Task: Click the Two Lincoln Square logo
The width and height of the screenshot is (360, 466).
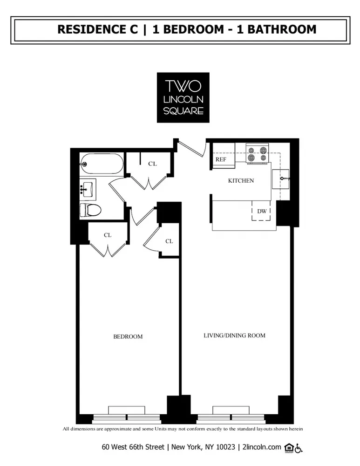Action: pyautogui.click(x=183, y=97)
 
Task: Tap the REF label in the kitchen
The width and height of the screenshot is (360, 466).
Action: pyautogui.click(x=220, y=159)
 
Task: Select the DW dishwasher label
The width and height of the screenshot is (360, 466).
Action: pyautogui.click(x=262, y=211)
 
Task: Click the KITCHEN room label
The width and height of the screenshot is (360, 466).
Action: pyautogui.click(x=241, y=180)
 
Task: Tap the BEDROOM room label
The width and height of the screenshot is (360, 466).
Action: pyautogui.click(x=128, y=336)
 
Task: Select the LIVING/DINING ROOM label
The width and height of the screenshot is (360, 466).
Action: pyautogui.click(x=234, y=335)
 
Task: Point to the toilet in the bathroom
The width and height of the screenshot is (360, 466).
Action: pyautogui.click(x=90, y=210)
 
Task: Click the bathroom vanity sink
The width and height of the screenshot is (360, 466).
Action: pyautogui.click(x=87, y=189)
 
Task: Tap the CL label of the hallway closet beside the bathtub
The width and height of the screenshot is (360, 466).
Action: pyautogui.click(x=152, y=164)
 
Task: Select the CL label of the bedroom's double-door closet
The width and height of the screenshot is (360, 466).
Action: pyautogui.click(x=108, y=235)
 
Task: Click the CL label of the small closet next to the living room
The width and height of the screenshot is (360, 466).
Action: pyautogui.click(x=169, y=241)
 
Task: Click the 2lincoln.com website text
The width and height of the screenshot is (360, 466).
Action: pyautogui.click(x=262, y=447)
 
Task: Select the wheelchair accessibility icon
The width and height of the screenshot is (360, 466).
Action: pyautogui.click(x=299, y=447)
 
